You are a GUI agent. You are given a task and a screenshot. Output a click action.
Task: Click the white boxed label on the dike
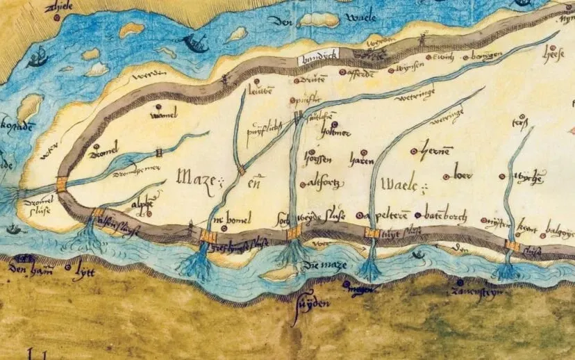click(317, 60)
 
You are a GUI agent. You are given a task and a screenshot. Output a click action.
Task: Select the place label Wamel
click(164, 116)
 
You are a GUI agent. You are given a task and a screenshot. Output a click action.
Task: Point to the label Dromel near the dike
click(106, 145)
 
